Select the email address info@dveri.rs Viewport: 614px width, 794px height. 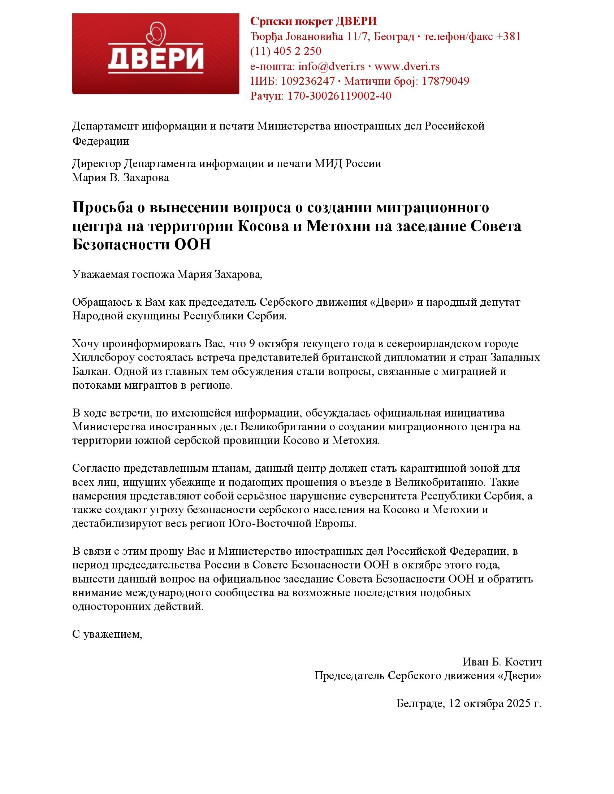pos(331,66)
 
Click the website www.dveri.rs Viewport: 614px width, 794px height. pos(407,66)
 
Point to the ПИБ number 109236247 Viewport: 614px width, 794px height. pos(308,81)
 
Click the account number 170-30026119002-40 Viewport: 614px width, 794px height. pos(340,96)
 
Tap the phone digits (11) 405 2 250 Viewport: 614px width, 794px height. pos(286,51)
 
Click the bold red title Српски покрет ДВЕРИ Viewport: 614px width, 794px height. pos(313,21)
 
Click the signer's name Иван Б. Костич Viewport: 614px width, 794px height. pos(502,662)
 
